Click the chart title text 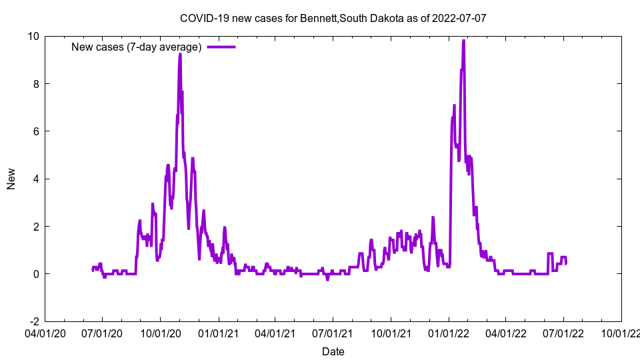[333, 18]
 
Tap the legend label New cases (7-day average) [136, 47]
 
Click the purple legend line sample [221, 47]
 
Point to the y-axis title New [11, 179]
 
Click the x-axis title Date [333, 351]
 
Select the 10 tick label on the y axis [33, 36]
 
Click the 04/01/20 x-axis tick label [45, 333]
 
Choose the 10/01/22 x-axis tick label [621, 333]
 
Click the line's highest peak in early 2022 [463, 41]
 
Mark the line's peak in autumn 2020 [180, 54]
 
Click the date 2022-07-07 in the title [459, 18]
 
